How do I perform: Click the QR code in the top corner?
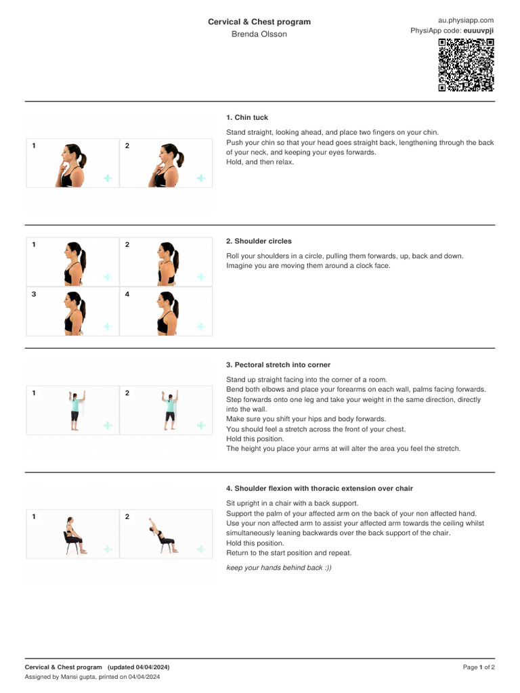point(466,65)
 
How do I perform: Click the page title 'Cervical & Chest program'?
point(259,22)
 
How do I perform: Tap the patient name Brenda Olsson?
point(259,34)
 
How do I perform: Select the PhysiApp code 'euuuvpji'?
point(478,31)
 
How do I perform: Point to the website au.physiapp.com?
point(467,21)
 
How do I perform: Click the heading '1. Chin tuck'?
point(247,118)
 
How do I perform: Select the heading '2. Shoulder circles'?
point(259,241)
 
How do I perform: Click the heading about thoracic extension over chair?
point(320,489)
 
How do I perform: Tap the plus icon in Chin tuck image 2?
point(200,178)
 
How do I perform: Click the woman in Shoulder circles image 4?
point(166,312)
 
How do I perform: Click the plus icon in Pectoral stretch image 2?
point(200,425)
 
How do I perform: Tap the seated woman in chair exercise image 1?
point(72,535)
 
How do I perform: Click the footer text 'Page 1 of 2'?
point(479,667)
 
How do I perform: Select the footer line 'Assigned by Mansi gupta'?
point(92,677)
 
